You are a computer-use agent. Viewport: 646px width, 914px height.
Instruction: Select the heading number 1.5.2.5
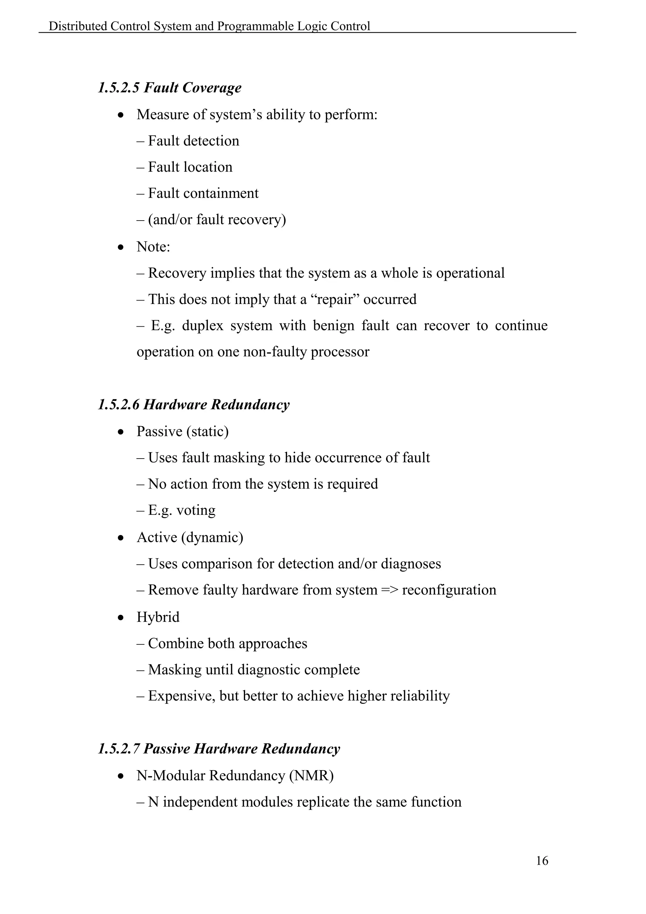coord(119,87)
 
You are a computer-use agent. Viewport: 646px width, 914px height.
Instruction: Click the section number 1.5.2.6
coord(119,405)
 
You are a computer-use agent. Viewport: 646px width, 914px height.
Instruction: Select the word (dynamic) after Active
coord(212,537)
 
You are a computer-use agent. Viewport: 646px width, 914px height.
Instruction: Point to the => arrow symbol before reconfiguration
coord(390,590)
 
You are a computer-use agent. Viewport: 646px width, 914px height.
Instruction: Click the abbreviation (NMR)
coord(311,775)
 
